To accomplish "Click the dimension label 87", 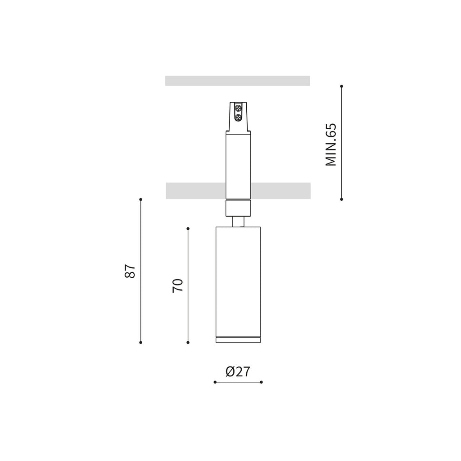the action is point(130,271).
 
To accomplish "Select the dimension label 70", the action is point(177,285).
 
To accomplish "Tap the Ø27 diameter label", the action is point(238,371).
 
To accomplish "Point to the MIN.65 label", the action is point(331,145).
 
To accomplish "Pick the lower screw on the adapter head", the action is point(238,118).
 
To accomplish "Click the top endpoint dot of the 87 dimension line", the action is point(141,199).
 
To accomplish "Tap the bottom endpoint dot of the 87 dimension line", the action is point(141,343).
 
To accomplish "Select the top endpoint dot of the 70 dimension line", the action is point(188,228).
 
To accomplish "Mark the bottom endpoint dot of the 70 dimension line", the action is point(188,343).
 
